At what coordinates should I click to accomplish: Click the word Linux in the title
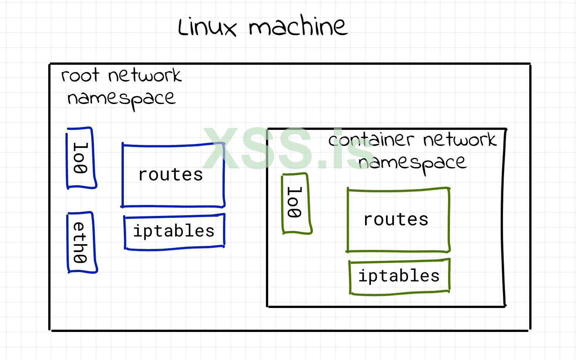(207, 27)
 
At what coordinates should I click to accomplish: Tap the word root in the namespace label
(80, 75)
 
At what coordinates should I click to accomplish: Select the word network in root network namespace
(145, 76)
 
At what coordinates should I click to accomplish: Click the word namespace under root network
(121, 99)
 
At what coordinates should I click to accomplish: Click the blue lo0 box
(81, 158)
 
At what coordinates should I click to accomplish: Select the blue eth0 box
(82, 242)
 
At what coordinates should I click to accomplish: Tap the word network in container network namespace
(460, 140)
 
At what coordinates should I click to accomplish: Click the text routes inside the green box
(396, 219)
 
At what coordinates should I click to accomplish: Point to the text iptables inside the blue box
(174, 231)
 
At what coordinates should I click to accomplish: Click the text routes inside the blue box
(171, 175)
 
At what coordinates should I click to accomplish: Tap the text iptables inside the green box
(399, 276)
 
